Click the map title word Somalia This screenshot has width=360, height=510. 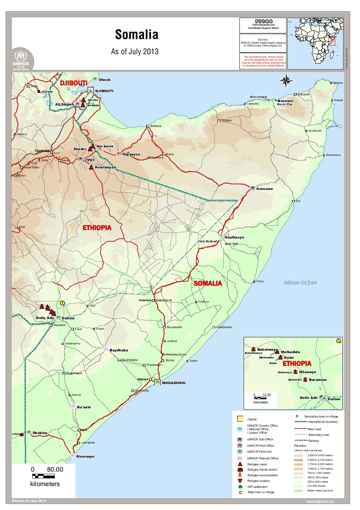136,35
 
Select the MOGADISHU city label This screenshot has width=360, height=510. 173,383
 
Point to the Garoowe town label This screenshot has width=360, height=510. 264,189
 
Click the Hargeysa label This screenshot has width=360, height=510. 131,154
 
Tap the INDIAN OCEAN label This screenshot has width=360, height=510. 300,283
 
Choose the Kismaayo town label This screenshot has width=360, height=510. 85,457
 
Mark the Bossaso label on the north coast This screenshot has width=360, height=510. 285,101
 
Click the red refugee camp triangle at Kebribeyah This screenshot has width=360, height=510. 91,167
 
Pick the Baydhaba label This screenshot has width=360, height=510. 119,350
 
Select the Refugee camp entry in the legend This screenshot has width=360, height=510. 257,464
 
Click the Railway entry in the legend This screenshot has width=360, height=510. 314,441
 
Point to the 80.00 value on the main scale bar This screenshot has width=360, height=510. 54,470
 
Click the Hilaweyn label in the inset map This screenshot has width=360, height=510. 308,372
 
